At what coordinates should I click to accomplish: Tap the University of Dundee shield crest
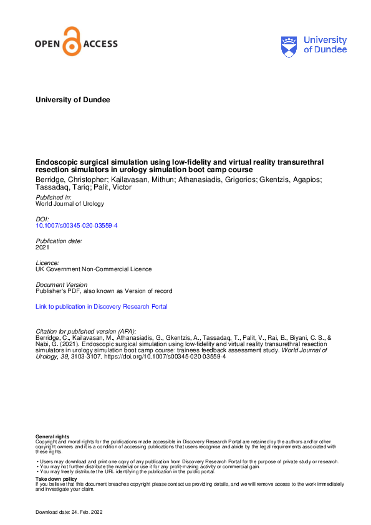[290, 46]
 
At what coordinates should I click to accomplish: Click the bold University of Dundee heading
[73, 100]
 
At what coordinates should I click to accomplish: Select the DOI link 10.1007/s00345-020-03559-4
[77, 225]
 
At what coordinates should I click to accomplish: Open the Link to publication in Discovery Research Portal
[102, 307]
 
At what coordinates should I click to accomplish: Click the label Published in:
[54, 197]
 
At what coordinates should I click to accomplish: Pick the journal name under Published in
[70, 203]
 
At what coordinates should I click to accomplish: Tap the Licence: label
[47, 262]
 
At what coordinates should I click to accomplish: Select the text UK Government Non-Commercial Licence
[94, 269]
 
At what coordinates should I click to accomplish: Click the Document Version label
[61, 284]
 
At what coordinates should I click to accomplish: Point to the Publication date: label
[59, 241]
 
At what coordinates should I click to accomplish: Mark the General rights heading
[52, 437]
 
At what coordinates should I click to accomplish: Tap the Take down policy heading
[56, 479]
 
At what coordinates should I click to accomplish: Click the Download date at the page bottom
[68, 512]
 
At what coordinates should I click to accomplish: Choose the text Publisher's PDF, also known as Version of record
[104, 291]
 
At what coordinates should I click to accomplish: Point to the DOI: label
[43, 219]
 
